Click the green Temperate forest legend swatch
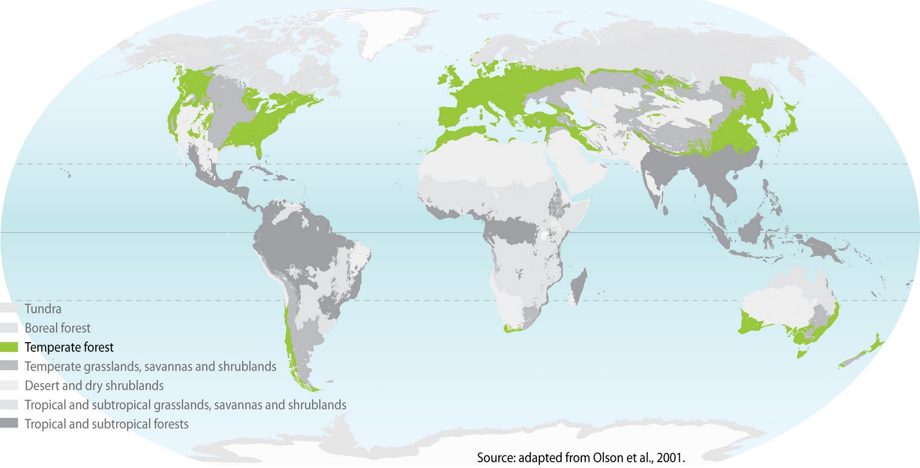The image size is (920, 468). pos(9,347)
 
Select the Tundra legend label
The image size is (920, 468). pos(43,309)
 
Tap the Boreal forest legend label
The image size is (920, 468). pos(57,328)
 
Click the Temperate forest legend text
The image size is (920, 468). pos(69,347)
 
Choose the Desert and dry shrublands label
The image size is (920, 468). pos(94,386)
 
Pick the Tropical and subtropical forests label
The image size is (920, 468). pos(106,424)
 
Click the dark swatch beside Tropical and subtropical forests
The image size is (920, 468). pos(9,424)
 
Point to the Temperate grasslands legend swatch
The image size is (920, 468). pos(9,366)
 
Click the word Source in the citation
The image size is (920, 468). pos(496,458)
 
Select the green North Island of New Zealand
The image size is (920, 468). pos(873,345)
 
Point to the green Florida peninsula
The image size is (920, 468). pos(259,151)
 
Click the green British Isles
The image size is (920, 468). pos(451,80)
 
